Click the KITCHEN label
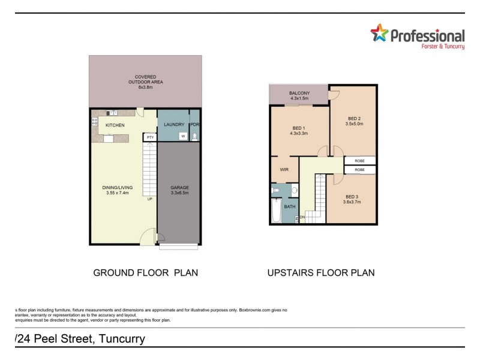(115, 125)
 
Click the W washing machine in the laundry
(182, 136)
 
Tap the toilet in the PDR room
(194, 137)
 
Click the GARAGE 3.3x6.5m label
(179, 190)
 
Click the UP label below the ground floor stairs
(149, 199)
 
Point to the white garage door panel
(179, 247)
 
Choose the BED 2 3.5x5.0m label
(354, 121)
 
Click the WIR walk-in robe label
(285, 170)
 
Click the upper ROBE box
(360, 161)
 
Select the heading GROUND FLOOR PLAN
(145, 272)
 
